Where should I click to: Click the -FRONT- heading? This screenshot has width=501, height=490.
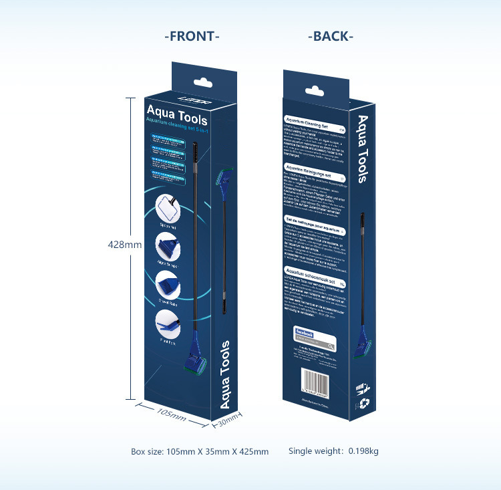[192, 36]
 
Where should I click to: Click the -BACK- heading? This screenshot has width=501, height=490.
[331, 36]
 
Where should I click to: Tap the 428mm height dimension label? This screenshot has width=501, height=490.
[124, 245]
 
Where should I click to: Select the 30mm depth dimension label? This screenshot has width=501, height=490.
[227, 421]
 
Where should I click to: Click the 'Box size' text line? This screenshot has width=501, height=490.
[200, 451]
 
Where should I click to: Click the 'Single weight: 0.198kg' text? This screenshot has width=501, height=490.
[333, 451]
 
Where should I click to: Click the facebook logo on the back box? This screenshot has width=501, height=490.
[305, 332]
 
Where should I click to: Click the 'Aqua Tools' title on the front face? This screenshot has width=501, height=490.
[177, 114]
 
